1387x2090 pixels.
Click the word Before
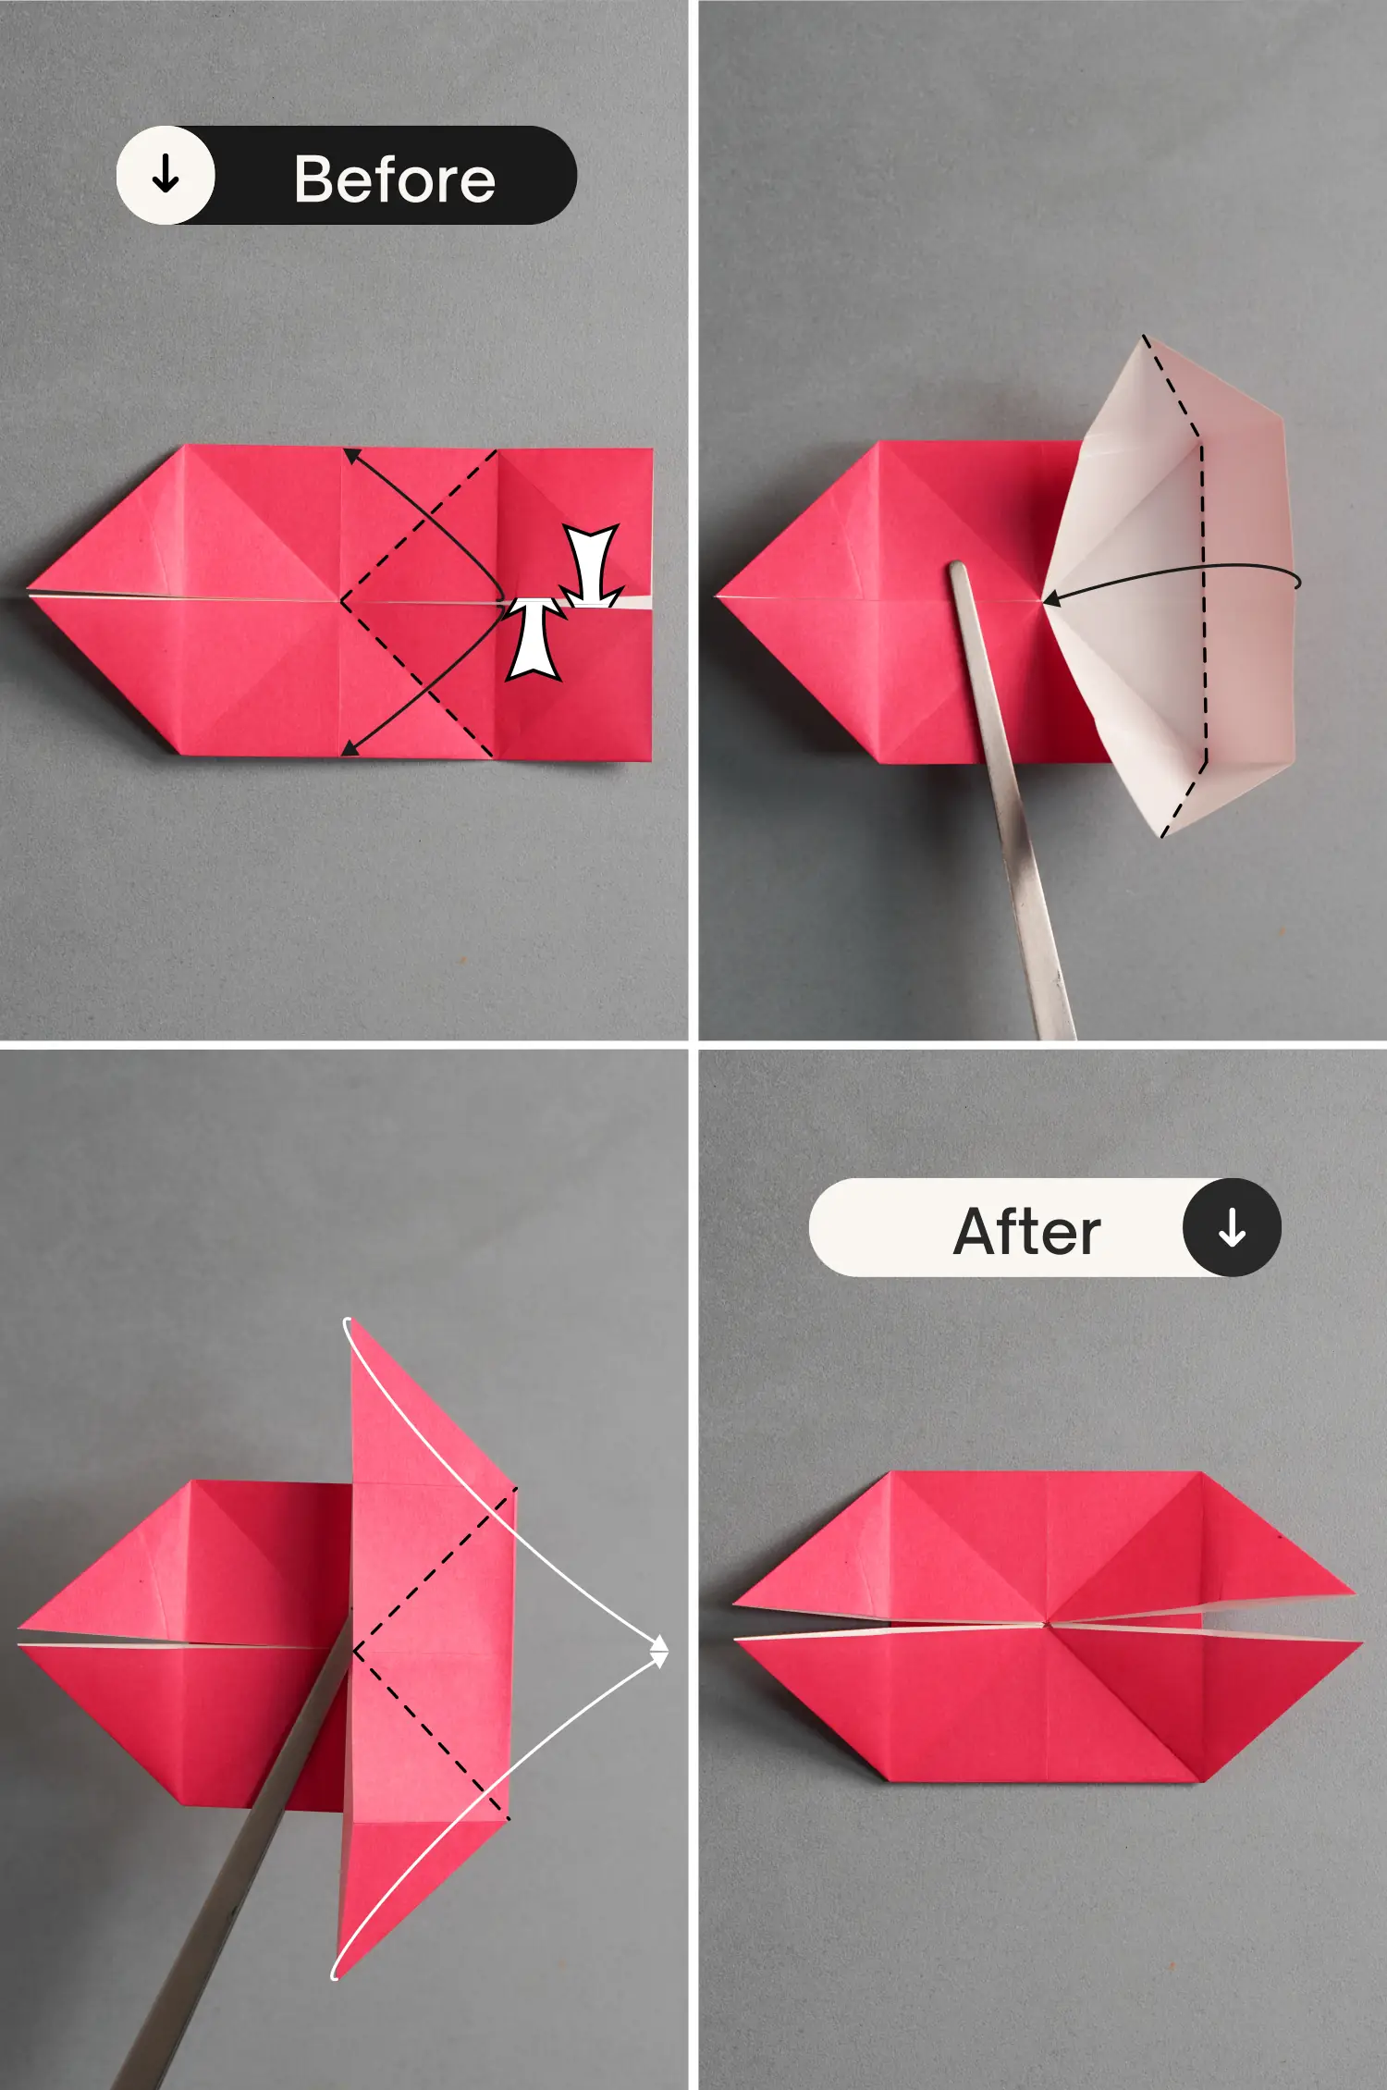395,178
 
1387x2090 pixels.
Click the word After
1027,1232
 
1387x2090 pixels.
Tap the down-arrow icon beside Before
166,175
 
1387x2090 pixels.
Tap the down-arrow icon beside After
1232,1227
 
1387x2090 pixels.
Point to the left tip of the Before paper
29,590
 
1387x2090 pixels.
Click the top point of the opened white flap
1143,337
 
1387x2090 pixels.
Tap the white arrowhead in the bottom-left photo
659,1651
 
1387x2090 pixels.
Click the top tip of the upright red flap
350,1319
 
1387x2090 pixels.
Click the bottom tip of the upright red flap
337,1977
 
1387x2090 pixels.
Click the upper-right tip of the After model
1356,1592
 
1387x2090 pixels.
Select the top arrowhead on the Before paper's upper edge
351,455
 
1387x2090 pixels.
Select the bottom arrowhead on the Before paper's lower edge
350,748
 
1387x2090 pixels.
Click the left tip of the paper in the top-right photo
718,596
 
